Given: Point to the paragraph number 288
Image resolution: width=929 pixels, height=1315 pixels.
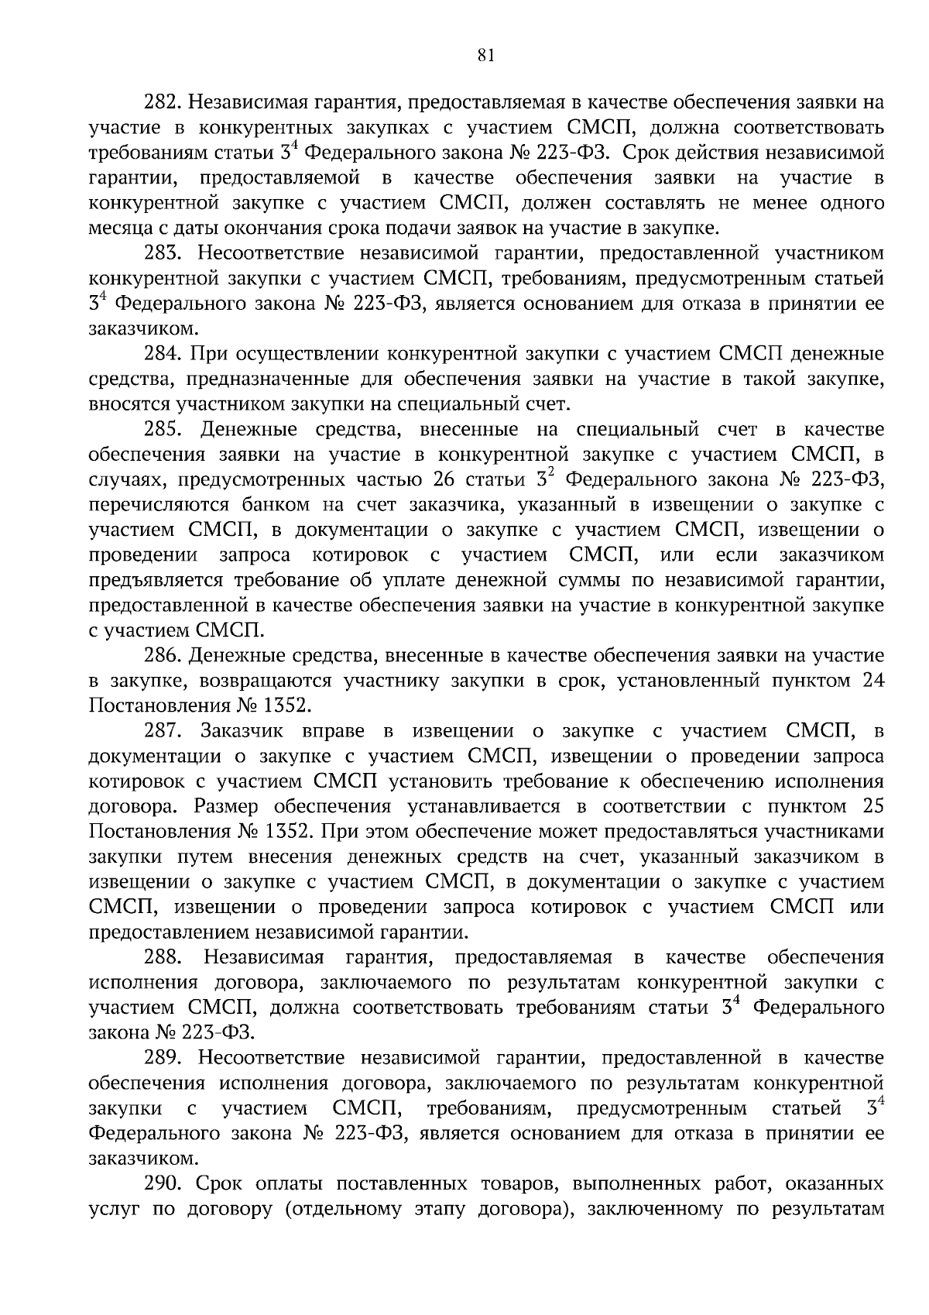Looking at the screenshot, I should (163, 958).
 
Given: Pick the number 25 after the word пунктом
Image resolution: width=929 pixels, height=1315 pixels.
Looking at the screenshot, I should (872, 807).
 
